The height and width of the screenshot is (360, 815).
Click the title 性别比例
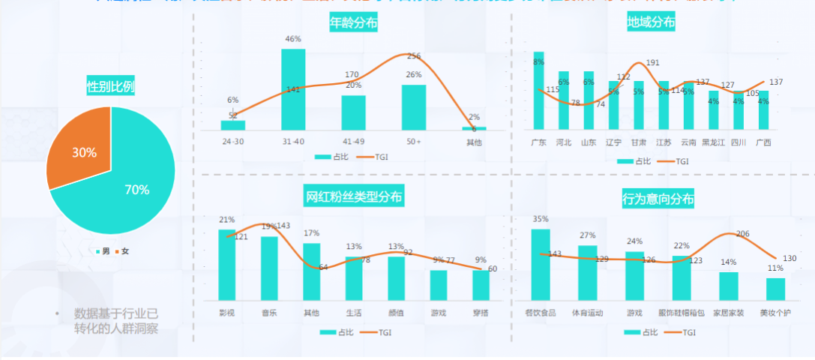[x=111, y=87]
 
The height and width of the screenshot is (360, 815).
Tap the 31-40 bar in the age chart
[x=293, y=89]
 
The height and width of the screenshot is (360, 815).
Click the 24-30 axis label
[x=232, y=142]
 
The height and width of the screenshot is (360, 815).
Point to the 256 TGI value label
[x=414, y=56]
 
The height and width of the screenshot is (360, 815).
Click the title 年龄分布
[x=353, y=22]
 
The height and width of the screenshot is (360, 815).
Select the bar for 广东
[x=538, y=91]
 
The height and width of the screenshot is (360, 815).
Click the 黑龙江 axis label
[x=713, y=142]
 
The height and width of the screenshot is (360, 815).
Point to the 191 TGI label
[x=652, y=63]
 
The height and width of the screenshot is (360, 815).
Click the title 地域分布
[x=652, y=22]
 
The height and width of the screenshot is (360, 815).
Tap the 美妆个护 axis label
[x=775, y=312]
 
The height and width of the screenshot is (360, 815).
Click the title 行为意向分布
[x=658, y=200]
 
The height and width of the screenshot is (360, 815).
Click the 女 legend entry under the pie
[x=124, y=250]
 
